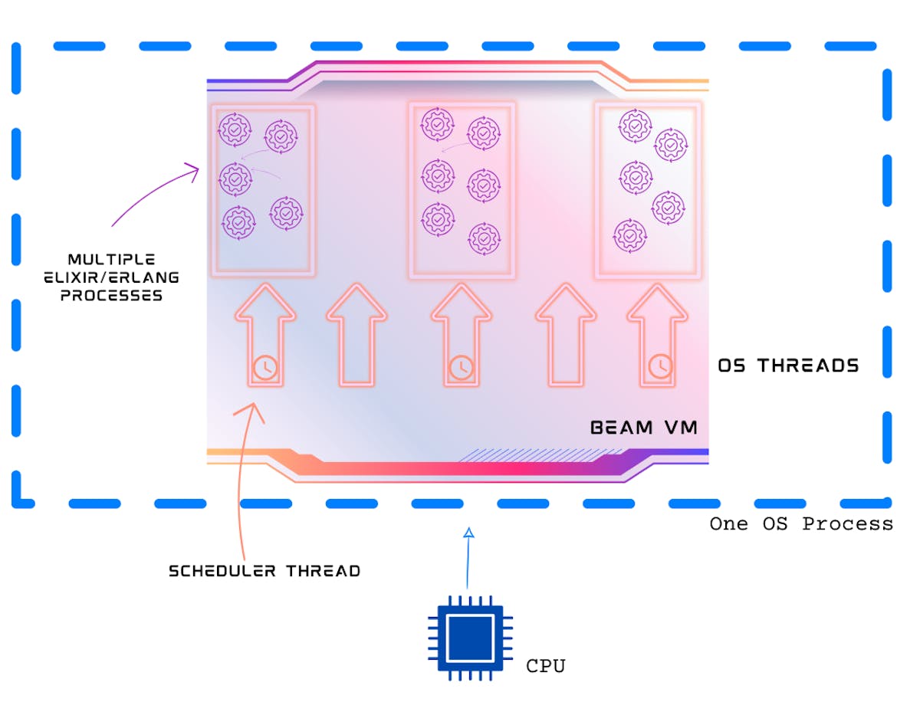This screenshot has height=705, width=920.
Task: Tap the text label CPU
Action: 545,666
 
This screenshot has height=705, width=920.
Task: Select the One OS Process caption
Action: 801,524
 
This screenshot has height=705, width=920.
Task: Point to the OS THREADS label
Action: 788,366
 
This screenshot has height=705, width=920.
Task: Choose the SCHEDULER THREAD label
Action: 264,571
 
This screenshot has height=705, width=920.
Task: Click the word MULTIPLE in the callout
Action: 111,260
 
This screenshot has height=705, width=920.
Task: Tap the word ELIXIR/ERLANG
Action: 111,277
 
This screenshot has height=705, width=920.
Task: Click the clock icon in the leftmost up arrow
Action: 264,367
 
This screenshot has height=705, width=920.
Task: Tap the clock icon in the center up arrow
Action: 461,367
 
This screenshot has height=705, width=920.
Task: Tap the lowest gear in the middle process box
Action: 485,238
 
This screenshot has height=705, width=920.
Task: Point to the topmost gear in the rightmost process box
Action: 635,126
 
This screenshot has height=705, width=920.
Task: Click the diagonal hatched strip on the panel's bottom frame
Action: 529,455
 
